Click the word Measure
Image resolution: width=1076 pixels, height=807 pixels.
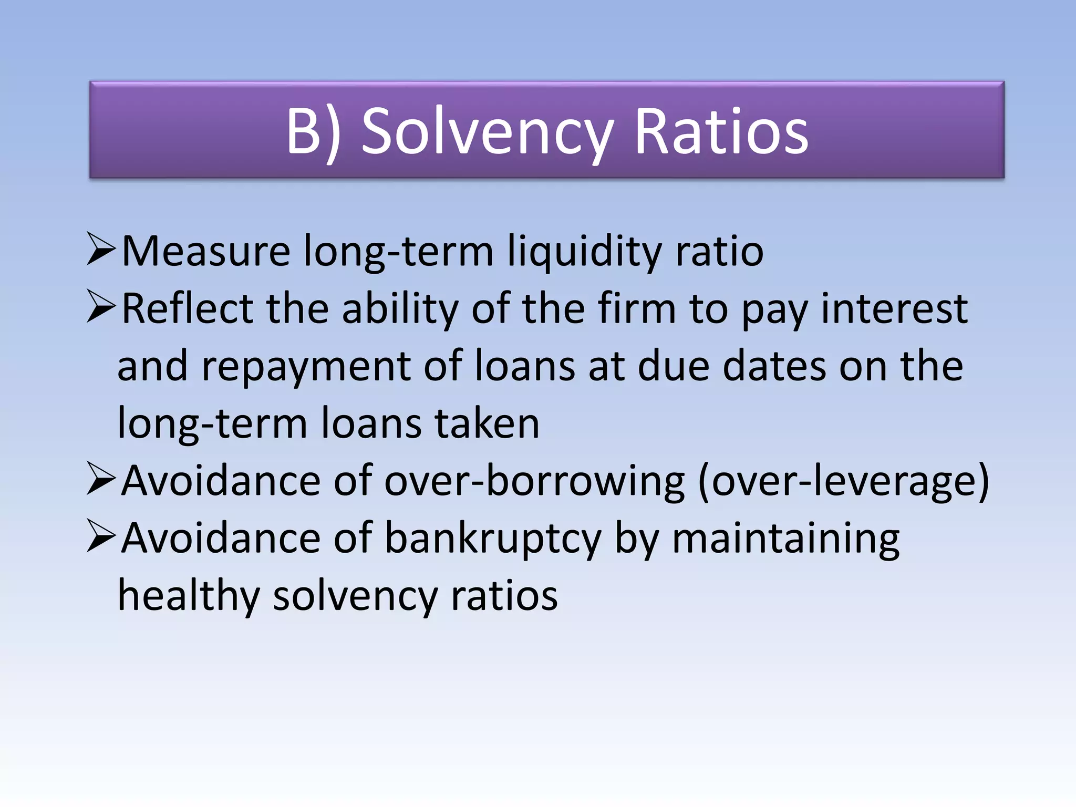(x=206, y=251)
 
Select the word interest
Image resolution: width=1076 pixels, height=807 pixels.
(x=894, y=309)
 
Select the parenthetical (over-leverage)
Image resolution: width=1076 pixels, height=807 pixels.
(x=844, y=481)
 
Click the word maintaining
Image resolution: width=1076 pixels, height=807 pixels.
(x=786, y=539)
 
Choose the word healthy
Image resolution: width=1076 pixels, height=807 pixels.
(x=189, y=596)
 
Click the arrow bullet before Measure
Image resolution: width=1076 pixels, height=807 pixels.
(x=101, y=251)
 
